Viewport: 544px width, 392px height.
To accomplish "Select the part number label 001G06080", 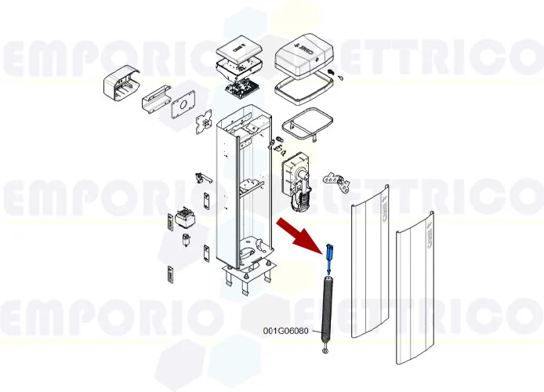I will click(286, 331).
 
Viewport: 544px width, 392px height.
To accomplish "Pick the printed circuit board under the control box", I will click(242, 85).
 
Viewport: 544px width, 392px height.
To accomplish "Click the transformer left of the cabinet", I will click(186, 217).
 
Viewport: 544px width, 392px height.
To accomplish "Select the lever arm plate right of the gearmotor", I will click(339, 181).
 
